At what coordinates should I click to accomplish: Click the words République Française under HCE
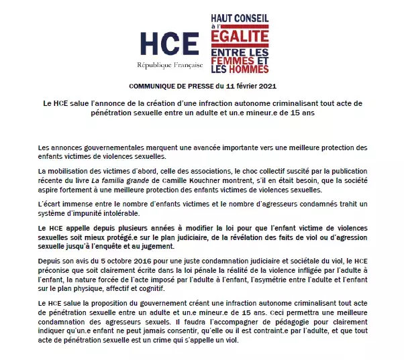(168, 66)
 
